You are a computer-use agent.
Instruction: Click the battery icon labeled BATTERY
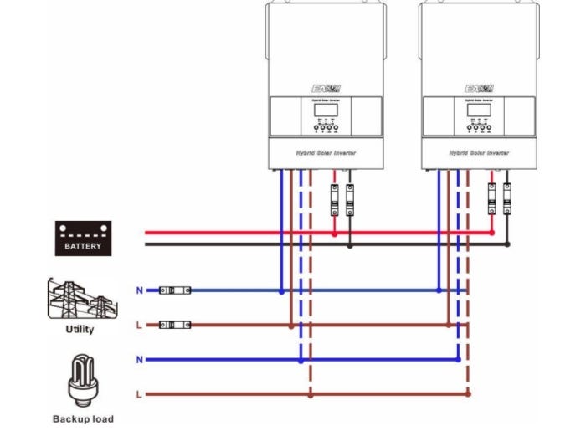(83, 237)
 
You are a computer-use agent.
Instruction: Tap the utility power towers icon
(80, 299)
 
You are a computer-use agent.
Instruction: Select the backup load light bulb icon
(83, 379)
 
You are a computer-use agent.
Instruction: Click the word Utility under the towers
(80, 329)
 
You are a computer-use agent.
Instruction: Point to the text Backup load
(83, 418)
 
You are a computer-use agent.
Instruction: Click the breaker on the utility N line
(175, 290)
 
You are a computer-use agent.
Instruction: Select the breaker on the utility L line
(175, 324)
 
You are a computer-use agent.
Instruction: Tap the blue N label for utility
(139, 290)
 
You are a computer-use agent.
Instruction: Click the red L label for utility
(139, 324)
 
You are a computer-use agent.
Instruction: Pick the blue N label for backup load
(139, 360)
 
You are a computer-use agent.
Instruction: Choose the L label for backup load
(139, 393)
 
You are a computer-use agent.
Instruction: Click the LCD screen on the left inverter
(325, 110)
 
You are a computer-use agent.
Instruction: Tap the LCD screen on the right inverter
(480, 110)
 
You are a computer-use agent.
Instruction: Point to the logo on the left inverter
(325, 88)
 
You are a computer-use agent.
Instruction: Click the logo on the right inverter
(480, 88)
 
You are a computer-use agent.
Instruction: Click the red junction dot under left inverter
(334, 233)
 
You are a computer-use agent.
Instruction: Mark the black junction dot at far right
(507, 244)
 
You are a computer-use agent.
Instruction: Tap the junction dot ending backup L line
(468, 393)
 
